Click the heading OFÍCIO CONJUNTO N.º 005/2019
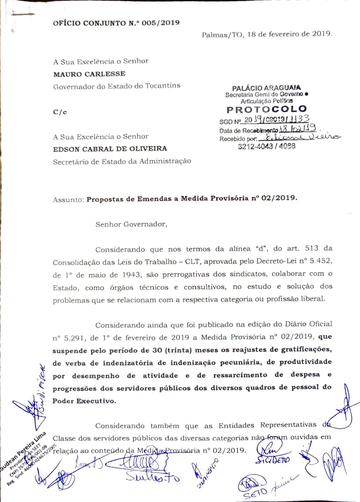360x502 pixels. click(x=116, y=23)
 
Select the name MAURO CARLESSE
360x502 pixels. click(x=89, y=74)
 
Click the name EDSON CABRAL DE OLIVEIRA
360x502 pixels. click(x=110, y=149)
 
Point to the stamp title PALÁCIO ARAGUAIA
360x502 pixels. click(x=266, y=88)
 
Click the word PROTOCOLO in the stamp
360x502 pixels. click(x=267, y=109)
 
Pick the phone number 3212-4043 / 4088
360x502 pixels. click(x=266, y=146)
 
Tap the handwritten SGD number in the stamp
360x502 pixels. click(x=277, y=119)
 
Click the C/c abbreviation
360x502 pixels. click(x=60, y=112)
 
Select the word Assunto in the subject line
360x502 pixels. click(x=68, y=200)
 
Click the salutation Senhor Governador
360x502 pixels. click(x=131, y=224)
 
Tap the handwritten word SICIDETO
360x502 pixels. click(x=275, y=460)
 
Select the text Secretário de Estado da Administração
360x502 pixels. click(x=122, y=161)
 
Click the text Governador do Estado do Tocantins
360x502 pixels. click(x=117, y=86)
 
